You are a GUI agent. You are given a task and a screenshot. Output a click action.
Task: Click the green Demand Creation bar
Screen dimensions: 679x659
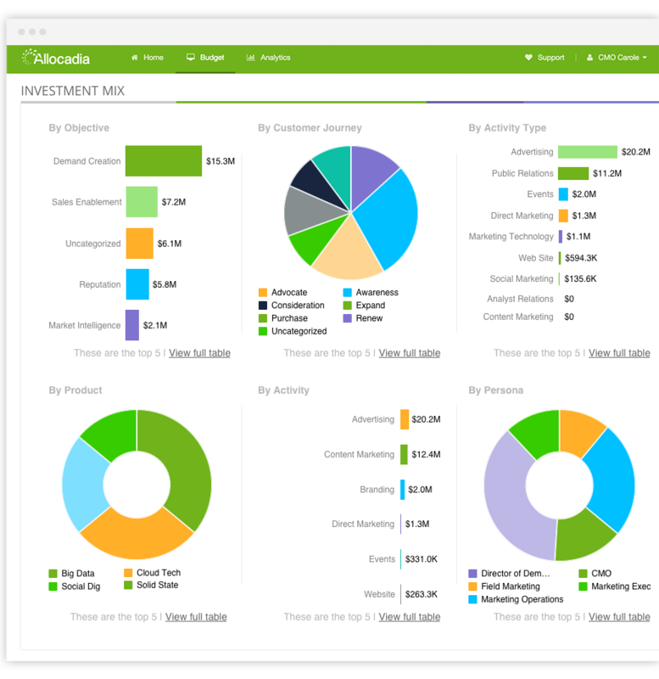point(163,160)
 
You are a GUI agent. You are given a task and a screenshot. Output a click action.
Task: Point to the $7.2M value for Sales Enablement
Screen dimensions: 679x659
point(173,202)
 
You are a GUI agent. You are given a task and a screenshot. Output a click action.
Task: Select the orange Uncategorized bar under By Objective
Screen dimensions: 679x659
point(139,244)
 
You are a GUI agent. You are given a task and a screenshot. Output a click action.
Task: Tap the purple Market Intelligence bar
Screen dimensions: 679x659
point(132,325)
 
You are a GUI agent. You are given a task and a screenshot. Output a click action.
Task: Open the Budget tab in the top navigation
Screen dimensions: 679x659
point(205,58)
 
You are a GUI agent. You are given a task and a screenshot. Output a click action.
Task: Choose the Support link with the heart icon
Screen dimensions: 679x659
point(545,58)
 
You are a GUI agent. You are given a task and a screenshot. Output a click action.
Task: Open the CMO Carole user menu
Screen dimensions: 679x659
point(617,58)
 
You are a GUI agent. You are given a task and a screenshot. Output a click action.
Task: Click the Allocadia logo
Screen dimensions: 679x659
point(56,58)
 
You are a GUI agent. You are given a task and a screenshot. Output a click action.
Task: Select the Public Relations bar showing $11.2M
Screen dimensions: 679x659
point(573,173)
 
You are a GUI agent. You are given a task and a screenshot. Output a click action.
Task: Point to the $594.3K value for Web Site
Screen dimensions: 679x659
point(581,258)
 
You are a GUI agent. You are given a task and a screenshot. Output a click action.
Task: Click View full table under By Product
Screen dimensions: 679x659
point(196,617)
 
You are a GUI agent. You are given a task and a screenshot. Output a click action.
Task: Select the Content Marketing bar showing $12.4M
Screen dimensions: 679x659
point(404,454)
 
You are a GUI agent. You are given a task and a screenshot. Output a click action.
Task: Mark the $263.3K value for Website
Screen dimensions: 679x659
point(421,594)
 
